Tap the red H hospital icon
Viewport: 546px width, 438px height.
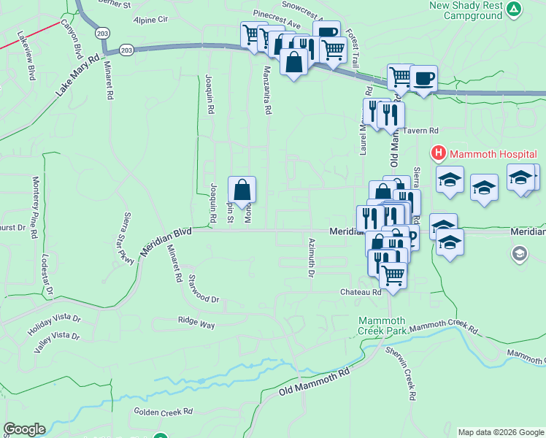pyautogui.click(x=438, y=153)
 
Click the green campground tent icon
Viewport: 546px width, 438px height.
pyautogui.click(x=515, y=9)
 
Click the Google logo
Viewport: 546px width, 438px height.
pyautogui.click(x=24, y=429)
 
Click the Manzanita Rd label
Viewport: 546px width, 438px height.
pyautogui.click(x=267, y=91)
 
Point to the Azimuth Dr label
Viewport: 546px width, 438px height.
pyautogui.click(x=311, y=258)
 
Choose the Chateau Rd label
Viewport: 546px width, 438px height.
pyautogui.click(x=361, y=292)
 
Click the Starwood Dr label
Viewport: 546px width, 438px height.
pyautogui.click(x=204, y=288)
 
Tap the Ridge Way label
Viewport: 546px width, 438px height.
pyautogui.click(x=197, y=322)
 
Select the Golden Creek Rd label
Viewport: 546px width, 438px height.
pyautogui.click(x=162, y=412)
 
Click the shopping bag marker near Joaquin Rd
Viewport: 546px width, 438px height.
pyautogui.click(x=242, y=190)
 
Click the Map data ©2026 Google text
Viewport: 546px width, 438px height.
pyautogui.click(x=500, y=432)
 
